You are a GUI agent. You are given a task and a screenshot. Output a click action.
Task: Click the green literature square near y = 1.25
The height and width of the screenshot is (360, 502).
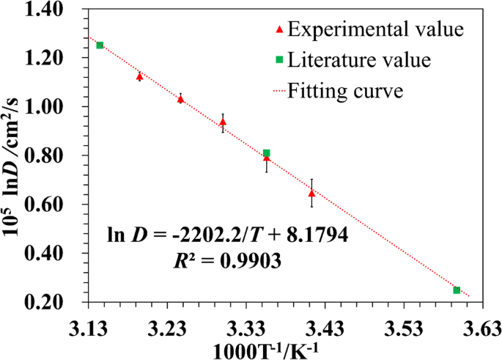100,45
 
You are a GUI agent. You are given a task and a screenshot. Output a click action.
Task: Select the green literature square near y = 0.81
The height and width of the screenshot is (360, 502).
267,153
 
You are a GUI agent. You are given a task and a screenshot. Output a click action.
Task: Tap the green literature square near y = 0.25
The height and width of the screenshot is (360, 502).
457,290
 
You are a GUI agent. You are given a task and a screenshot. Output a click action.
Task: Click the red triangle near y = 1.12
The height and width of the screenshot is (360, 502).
140,76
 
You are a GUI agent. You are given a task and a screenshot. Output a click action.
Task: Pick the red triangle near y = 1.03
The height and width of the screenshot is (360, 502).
181,98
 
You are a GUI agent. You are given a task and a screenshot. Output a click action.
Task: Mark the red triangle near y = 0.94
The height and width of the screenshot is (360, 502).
223,122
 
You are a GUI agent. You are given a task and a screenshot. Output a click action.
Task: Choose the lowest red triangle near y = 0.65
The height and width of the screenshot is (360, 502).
311,194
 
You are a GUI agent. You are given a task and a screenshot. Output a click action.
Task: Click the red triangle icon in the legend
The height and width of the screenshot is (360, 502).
279,30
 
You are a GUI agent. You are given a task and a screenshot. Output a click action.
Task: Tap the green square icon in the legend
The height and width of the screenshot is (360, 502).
279,59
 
